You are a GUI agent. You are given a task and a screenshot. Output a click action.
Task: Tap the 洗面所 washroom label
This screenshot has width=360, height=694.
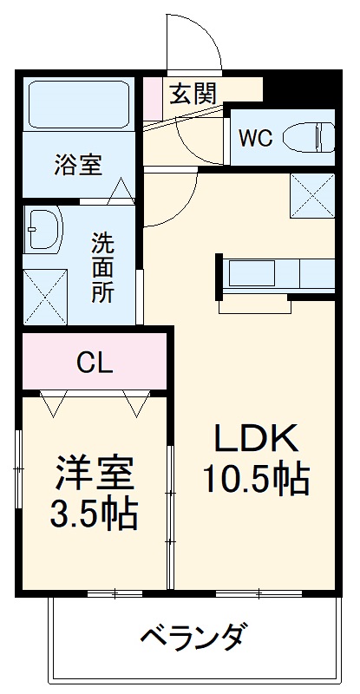coord(102,266)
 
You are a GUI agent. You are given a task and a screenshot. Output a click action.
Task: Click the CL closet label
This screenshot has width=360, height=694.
coord(95,363)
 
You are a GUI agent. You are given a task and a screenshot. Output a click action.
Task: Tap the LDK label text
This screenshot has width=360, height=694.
coord(256,438)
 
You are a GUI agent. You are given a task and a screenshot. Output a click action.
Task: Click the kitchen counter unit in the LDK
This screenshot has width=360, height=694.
coord(276,274)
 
